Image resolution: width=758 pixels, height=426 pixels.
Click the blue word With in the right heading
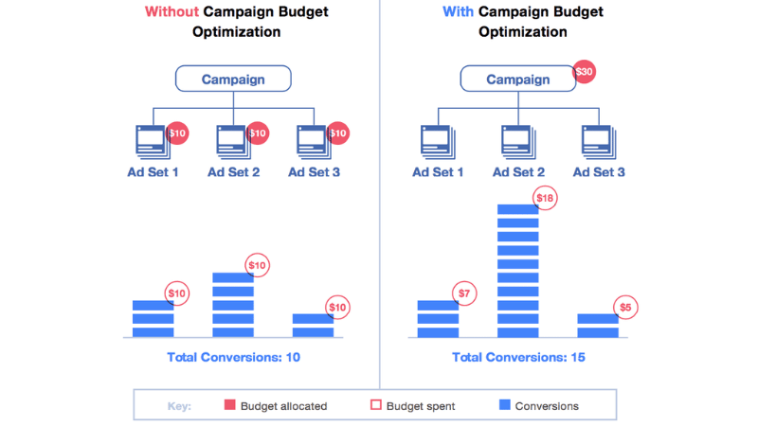459,12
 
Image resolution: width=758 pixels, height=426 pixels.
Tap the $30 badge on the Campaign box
585,73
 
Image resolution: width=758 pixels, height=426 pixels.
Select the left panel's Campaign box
233,80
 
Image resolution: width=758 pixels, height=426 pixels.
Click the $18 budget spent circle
544,198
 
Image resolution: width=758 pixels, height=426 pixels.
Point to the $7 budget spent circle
464,293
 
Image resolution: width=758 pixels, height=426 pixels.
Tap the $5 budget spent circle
624,307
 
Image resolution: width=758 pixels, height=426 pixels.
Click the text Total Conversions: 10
233,358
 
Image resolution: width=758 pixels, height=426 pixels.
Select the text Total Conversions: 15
518,358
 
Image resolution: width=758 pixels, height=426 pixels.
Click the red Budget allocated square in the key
229,405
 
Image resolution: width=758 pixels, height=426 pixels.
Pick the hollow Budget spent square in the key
376,405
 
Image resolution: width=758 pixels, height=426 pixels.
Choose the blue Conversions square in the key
505,405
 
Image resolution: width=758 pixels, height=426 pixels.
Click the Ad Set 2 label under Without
233,172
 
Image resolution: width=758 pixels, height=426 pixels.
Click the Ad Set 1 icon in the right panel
436,142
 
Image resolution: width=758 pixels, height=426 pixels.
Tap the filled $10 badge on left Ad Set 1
177,133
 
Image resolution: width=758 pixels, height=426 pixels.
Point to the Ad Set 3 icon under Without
313,142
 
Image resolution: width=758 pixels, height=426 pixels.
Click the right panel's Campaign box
518,80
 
